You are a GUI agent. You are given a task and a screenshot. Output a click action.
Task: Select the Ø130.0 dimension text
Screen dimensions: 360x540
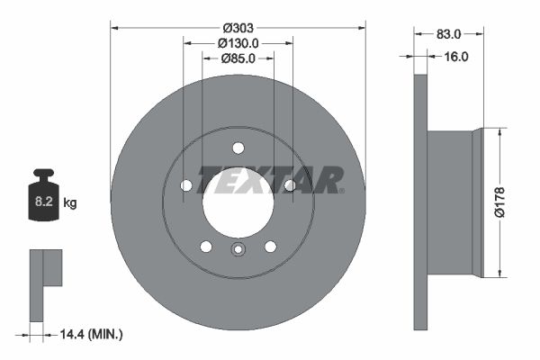pyautogui.click(x=238, y=42)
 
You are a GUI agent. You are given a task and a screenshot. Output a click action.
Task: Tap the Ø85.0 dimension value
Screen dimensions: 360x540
pyautogui.click(x=238, y=58)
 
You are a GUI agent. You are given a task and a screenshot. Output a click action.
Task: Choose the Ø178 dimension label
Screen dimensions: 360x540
pyautogui.click(x=509, y=202)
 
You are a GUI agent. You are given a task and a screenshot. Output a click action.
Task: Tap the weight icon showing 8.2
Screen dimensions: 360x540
pyautogui.click(x=43, y=195)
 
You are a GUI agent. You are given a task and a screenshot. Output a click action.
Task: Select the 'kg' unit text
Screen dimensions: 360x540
pyautogui.click(x=70, y=203)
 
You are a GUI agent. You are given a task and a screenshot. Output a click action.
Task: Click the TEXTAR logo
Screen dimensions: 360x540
pyautogui.click(x=271, y=180)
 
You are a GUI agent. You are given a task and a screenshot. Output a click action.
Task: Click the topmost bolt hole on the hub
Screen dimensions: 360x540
pyautogui.click(x=238, y=148)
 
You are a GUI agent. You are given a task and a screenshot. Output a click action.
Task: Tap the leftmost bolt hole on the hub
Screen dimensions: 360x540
pyautogui.click(x=186, y=185)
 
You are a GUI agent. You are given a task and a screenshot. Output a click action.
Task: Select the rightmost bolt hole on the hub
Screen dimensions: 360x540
pyautogui.click(x=290, y=185)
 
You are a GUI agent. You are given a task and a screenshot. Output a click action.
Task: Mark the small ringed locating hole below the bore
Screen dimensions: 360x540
pyautogui.click(x=238, y=250)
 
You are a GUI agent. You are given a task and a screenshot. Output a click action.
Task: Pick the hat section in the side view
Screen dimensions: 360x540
pyautogui.click(x=454, y=202)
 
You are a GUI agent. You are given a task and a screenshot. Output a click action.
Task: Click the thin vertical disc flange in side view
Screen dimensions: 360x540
pyautogui.click(x=419, y=202)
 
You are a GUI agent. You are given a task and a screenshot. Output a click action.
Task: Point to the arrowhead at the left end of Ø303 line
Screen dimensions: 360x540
pyautogui.click(x=114, y=27)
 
